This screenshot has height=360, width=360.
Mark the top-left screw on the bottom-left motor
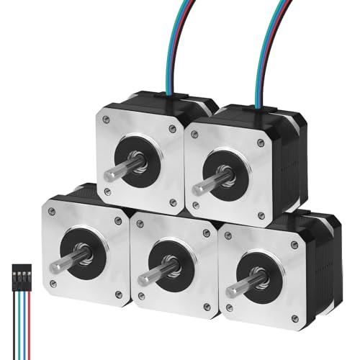pos(52,210)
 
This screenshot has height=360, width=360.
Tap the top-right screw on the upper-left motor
pos(171,129)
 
